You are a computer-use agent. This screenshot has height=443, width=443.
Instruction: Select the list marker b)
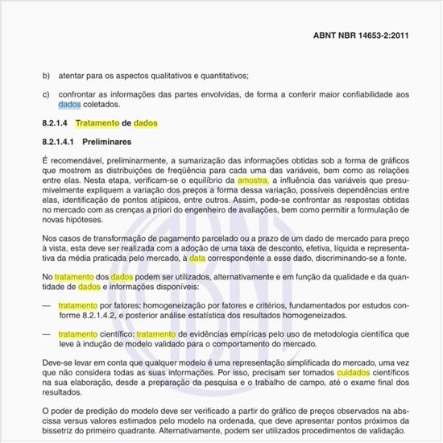[x=46, y=76]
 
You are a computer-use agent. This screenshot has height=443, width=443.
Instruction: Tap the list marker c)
[x=46, y=95]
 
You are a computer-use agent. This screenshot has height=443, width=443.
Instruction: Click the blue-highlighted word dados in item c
[x=70, y=105]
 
